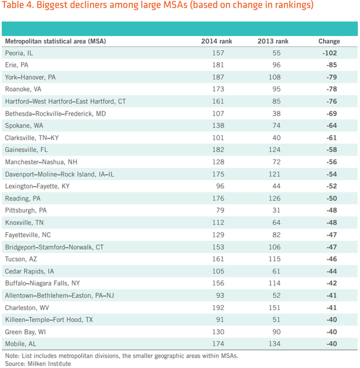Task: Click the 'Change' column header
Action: (x=329, y=41)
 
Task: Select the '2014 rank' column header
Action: (x=216, y=41)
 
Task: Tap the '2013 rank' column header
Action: (x=273, y=41)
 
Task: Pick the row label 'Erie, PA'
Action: (x=16, y=65)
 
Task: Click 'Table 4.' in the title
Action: (x=20, y=6)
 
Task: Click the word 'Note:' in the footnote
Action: (x=12, y=355)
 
